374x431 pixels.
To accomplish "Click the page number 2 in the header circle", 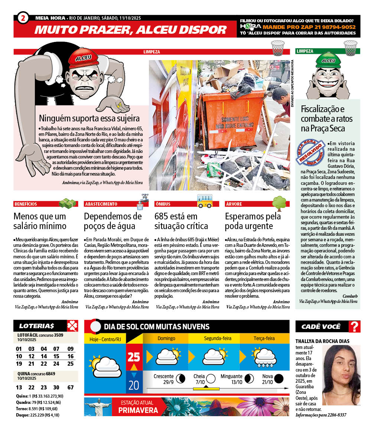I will [x=23, y=17].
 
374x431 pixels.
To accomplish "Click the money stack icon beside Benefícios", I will [x=68, y=203].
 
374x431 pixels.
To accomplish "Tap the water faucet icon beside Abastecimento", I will [x=142, y=201].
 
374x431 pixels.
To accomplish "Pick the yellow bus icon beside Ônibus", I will [x=205, y=201].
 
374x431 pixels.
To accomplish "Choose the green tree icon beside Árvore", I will [x=280, y=203].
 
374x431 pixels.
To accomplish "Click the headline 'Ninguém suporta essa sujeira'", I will [x=89, y=118].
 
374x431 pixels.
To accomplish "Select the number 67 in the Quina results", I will [x=71, y=388].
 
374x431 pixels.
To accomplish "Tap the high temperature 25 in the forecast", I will [x=134, y=357].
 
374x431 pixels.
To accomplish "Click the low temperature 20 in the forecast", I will [x=134, y=385].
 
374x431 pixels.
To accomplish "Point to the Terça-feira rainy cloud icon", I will [x=264, y=357].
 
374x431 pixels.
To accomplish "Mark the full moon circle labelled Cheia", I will [x=211, y=379].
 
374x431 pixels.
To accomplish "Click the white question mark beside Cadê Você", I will [x=355, y=327].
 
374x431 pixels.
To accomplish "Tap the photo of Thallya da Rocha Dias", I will [x=342, y=375].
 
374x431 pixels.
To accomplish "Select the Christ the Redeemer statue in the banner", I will [x=97, y=406].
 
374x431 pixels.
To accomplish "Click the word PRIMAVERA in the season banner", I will [x=138, y=410].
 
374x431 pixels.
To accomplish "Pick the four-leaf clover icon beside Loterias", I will [x=72, y=326].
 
